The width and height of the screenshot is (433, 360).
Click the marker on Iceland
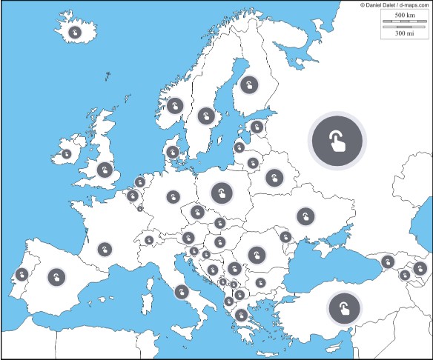click(75, 33)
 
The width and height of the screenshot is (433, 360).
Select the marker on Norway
click(175, 106)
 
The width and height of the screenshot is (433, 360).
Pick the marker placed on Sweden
click(206, 116)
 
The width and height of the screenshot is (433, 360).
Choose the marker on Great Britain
click(105, 170)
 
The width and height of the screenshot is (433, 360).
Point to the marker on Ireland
click(67, 154)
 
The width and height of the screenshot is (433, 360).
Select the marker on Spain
click(56, 277)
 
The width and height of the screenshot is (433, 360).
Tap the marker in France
click(105, 249)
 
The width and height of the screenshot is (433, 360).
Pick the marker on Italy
click(181, 291)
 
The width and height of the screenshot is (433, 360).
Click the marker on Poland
click(221, 193)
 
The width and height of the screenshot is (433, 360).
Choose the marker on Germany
click(173, 197)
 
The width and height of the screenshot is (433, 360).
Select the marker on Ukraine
click(305, 216)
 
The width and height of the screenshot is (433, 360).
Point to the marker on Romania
click(257, 255)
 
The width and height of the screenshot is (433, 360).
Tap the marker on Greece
click(240, 315)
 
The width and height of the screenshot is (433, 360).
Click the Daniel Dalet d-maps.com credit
click(394, 4)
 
